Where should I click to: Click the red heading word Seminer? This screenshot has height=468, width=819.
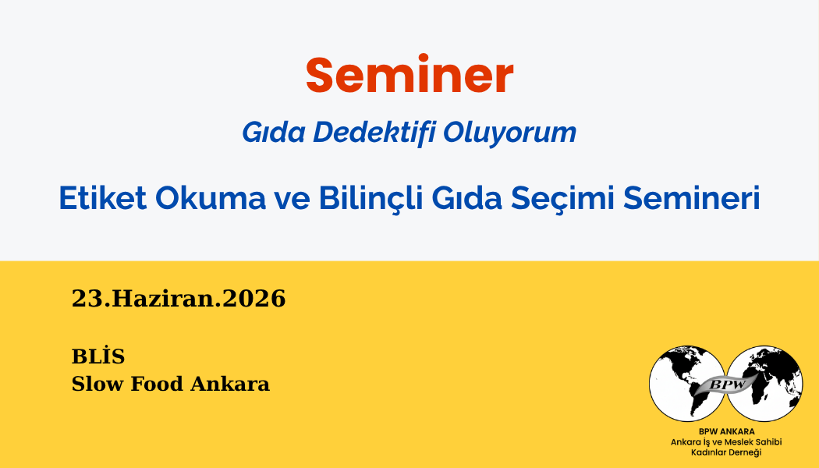click(409, 75)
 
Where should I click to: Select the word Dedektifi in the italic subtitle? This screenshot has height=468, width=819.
click(374, 132)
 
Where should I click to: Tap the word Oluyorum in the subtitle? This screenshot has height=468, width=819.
click(510, 133)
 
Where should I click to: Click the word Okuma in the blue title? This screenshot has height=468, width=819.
click(211, 198)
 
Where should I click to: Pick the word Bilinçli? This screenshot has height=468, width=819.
click(370, 198)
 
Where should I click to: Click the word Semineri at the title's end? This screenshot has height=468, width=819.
click(692, 198)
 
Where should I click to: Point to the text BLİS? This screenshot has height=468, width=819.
click(98, 356)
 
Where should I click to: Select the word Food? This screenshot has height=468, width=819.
click(156, 384)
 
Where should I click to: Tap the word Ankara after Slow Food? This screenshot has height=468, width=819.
click(230, 384)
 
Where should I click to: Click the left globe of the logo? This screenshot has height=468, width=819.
click(687, 384)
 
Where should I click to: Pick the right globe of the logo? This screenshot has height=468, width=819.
click(764, 384)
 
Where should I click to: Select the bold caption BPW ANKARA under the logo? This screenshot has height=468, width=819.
click(726, 431)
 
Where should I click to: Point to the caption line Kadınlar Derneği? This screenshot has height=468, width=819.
click(726, 452)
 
